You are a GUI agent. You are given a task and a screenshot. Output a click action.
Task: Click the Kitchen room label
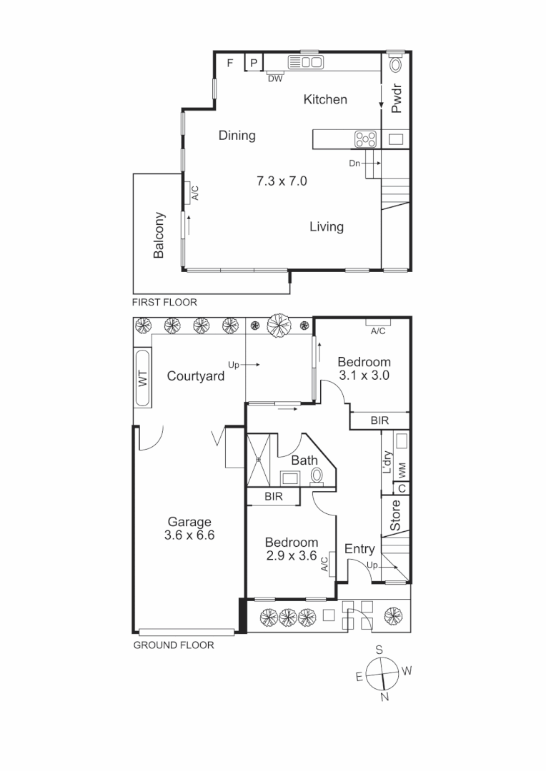point(325,100)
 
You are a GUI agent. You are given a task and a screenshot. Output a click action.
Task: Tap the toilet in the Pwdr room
point(395,64)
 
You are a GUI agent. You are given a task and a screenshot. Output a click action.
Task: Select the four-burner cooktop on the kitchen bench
point(366,138)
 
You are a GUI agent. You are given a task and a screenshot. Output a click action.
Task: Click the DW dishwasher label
point(275,79)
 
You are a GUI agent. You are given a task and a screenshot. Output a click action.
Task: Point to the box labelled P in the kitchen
point(253,63)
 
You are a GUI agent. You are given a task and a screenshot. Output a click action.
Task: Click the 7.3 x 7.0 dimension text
point(282,181)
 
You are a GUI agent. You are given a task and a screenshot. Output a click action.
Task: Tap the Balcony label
point(159,235)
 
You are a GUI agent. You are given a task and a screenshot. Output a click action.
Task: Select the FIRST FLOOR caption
point(164,302)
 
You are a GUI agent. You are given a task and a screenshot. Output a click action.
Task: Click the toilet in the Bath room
point(317,475)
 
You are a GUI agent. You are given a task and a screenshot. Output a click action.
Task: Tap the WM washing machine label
point(402,470)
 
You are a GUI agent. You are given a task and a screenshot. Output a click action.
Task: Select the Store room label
point(395,515)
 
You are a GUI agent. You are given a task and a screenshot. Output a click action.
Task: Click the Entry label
point(359,549)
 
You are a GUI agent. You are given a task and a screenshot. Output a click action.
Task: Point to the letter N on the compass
point(384,697)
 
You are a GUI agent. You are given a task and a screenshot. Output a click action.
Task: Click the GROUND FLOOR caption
point(174,645)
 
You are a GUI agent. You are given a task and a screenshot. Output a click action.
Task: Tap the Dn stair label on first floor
point(354,163)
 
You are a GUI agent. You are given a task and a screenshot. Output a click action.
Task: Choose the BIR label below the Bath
point(272,497)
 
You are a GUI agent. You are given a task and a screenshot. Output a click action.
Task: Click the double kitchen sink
point(304,63)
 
